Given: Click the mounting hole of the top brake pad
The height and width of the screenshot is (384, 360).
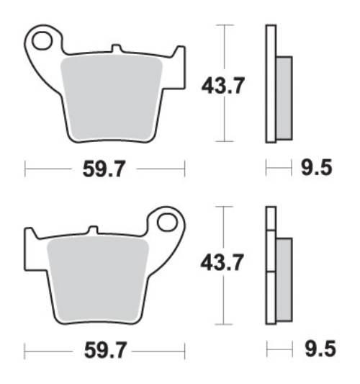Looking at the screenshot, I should pos(42,40).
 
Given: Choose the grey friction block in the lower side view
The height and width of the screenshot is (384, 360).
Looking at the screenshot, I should pos(284,280).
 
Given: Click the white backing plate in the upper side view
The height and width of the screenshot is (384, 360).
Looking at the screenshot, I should pos(271,83).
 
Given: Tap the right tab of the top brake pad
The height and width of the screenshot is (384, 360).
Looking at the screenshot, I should pos(179,56).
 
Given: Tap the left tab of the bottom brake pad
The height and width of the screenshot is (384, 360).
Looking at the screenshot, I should pos(31,238).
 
